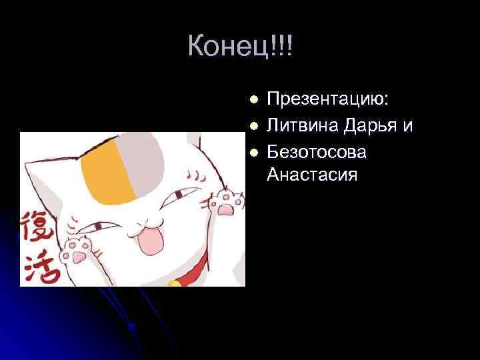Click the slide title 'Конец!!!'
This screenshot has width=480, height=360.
[240, 46]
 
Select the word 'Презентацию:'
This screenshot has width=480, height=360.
[328, 99]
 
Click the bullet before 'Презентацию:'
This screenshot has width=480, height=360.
[253, 100]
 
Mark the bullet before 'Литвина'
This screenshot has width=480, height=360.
[253, 125]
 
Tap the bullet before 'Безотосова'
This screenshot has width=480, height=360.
[253, 152]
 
